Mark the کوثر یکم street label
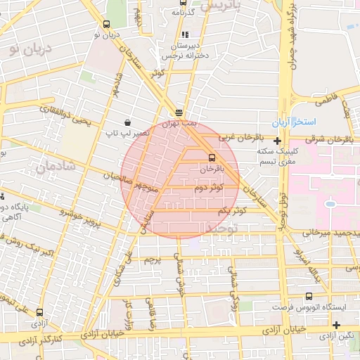[231, 211]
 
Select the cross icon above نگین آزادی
[337, 325]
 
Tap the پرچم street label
[154, 259]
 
